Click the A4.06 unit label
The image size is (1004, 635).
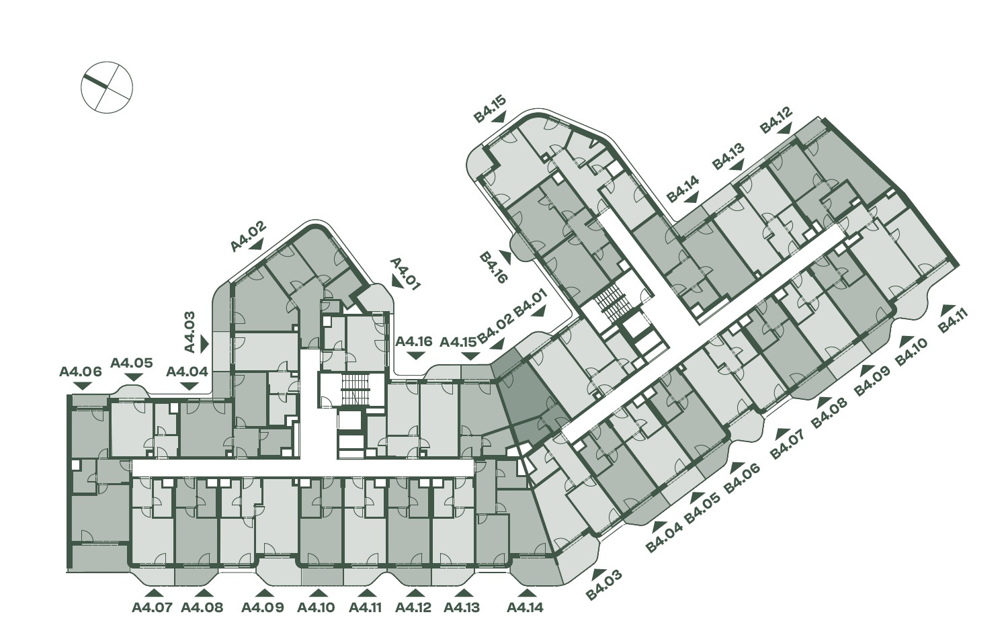pyautogui.click(x=81, y=372)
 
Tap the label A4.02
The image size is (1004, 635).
pyautogui.click(x=248, y=236)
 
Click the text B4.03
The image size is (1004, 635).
pyautogui.click(x=603, y=584)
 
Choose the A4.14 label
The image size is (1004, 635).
pyautogui.click(x=525, y=607)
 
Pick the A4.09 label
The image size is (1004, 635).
pyautogui.click(x=263, y=607)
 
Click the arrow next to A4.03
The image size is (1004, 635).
pyautogui.click(x=205, y=344)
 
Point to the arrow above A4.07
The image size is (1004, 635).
pyautogui.click(x=155, y=593)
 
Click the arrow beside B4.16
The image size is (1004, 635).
pyautogui.click(x=506, y=257)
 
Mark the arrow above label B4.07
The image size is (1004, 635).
pyautogui.click(x=782, y=433)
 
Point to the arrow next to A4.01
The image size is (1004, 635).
pyautogui.click(x=396, y=282)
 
